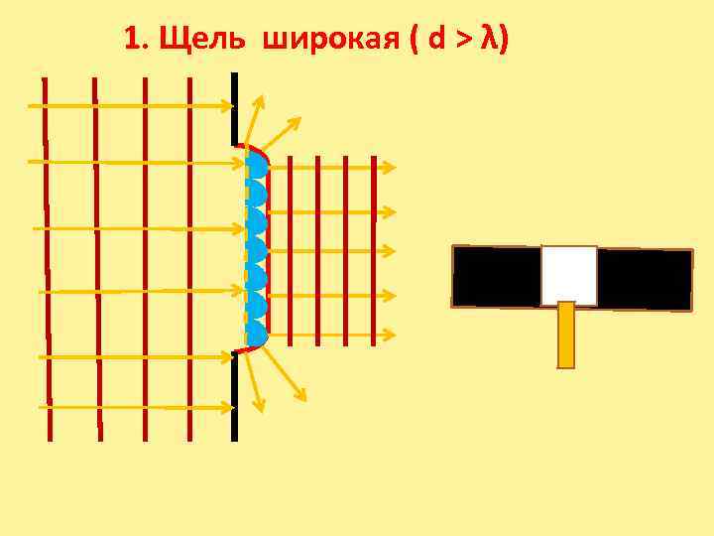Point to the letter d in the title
[436, 40]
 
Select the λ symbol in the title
[488, 39]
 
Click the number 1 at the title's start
[132, 40]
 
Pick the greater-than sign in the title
[463, 41]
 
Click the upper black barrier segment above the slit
[234, 108]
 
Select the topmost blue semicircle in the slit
[257, 164]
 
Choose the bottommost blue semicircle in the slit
[257, 333]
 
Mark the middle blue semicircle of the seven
[257, 249]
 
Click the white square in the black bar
[569, 275]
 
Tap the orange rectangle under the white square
[566, 335]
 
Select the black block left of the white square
[496, 276]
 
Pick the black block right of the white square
[645, 279]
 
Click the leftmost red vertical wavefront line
[46, 258]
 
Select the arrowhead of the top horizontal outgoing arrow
[389, 169]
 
